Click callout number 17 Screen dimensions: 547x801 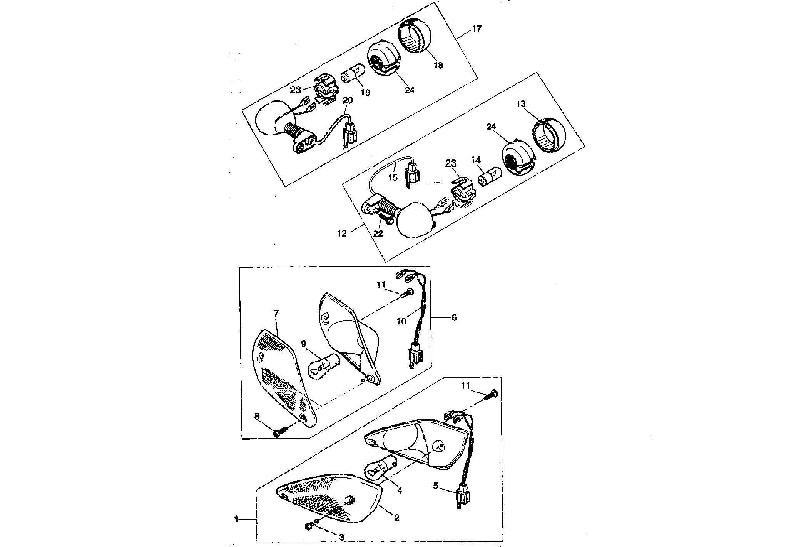point(477,29)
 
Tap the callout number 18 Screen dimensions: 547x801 point(438,65)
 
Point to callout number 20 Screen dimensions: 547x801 point(348,100)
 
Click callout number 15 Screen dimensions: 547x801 point(392,178)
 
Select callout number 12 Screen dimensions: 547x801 point(342,233)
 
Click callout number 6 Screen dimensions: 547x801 point(454,317)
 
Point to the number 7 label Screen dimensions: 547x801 point(276,314)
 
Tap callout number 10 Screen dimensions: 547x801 point(401,321)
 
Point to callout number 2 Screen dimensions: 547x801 point(396,518)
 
